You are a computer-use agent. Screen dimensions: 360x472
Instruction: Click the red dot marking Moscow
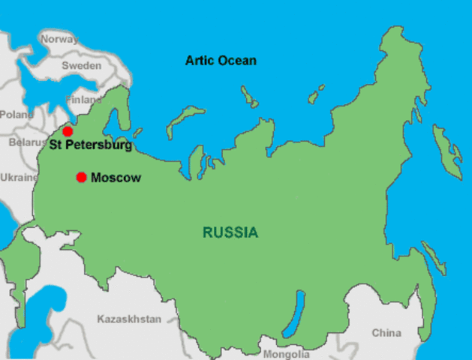click(81, 177)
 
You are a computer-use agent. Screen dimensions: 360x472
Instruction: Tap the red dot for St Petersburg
click(68, 131)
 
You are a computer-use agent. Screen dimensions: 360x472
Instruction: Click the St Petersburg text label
click(90, 144)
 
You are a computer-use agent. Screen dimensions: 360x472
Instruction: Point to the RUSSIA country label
click(230, 232)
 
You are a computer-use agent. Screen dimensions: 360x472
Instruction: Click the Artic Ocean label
click(221, 60)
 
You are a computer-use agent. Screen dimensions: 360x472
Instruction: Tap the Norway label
click(59, 39)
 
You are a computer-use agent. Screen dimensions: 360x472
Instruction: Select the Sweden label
click(81, 66)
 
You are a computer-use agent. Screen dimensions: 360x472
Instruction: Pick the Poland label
click(16, 115)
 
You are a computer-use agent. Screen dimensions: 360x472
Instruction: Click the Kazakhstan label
click(129, 319)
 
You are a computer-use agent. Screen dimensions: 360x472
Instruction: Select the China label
click(386, 332)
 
